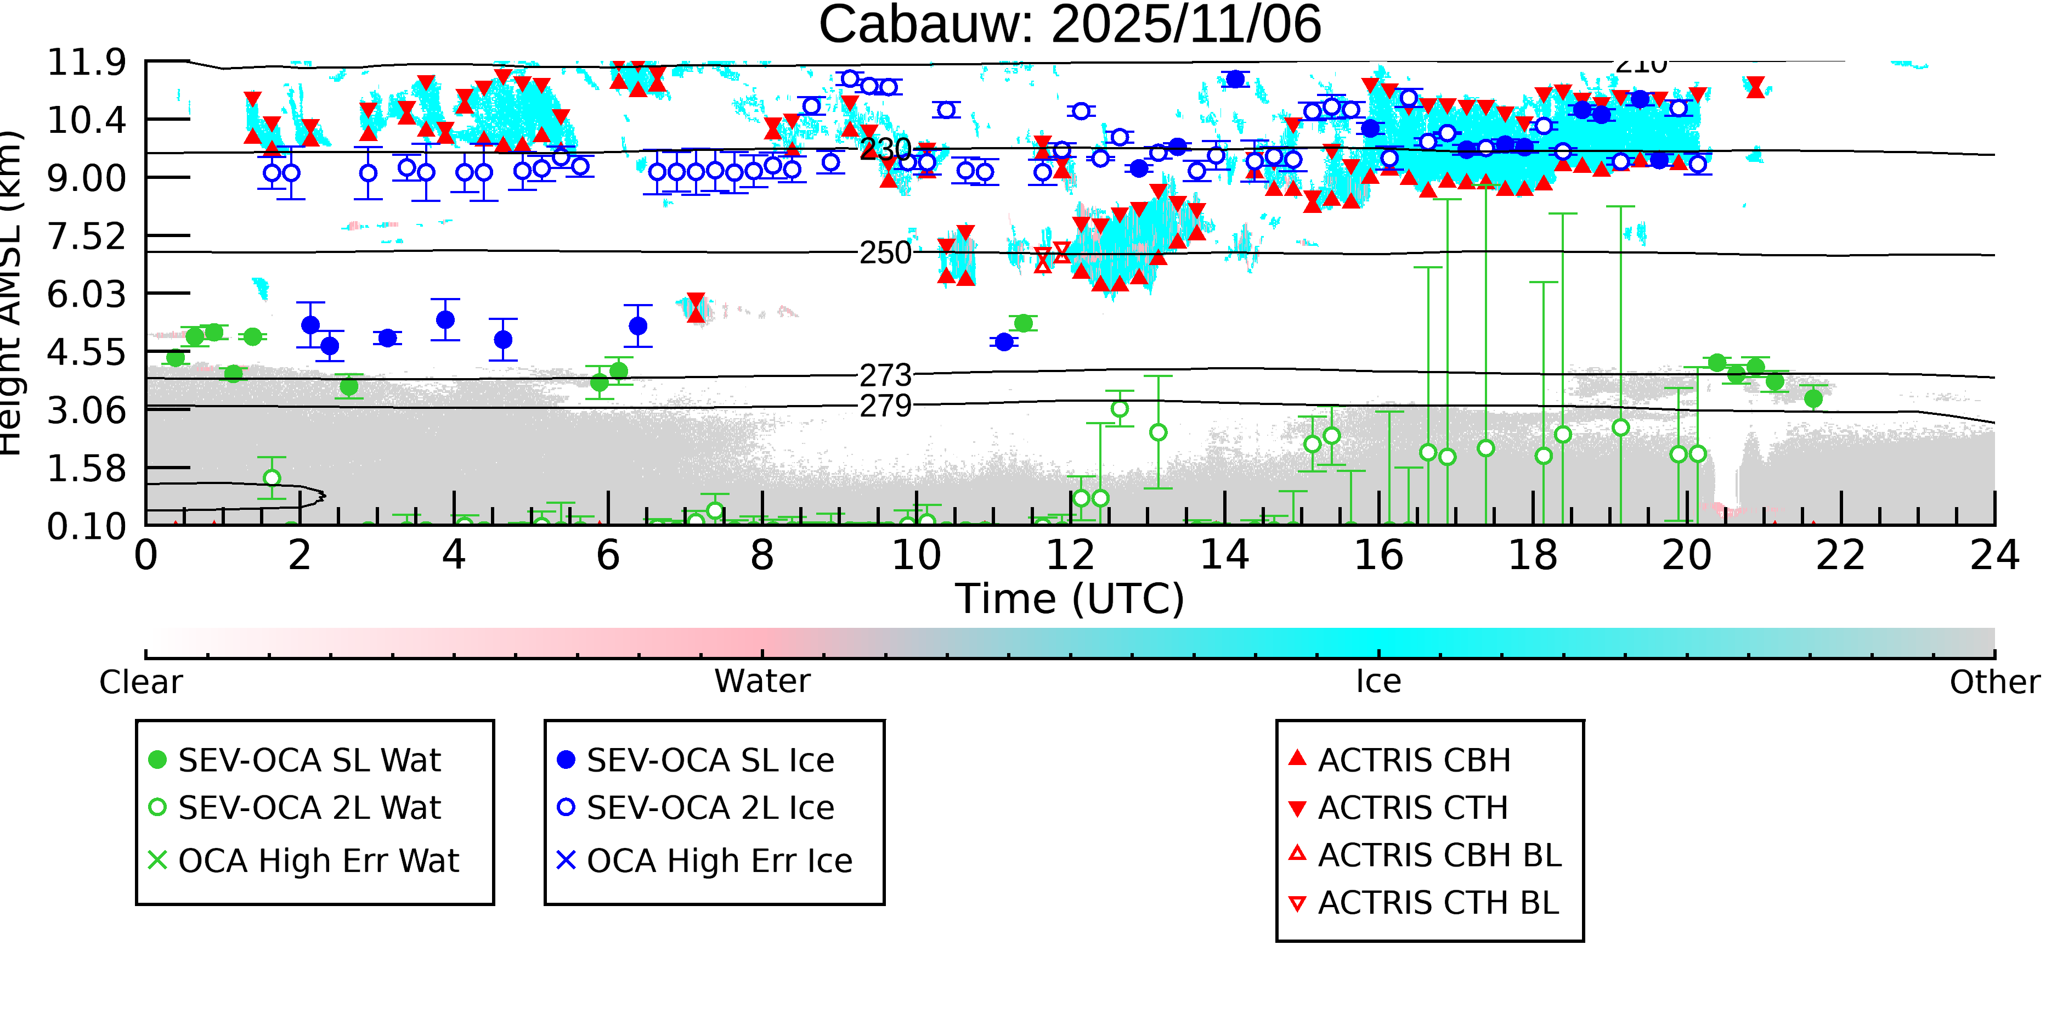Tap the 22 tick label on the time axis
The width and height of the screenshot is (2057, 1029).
tap(1840, 555)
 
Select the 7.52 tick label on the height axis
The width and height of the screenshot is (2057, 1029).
tap(86, 237)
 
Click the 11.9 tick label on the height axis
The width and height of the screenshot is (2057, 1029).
tap(86, 63)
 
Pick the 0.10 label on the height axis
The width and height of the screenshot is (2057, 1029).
tap(86, 526)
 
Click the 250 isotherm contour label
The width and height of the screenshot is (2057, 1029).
tap(885, 253)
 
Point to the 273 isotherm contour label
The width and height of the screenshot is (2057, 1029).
tap(885, 375)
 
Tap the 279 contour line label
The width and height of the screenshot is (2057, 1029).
tap(885, 406)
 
